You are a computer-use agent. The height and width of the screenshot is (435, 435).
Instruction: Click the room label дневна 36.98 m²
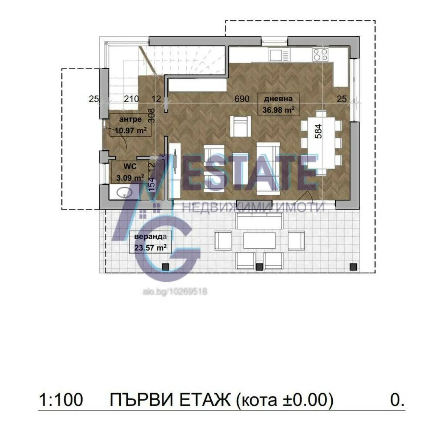278,104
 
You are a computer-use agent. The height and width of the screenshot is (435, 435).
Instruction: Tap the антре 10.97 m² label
130,125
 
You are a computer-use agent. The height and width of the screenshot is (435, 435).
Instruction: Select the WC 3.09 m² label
130,172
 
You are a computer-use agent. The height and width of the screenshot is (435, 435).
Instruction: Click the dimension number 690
242,99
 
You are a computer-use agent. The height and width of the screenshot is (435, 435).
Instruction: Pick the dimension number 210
131,99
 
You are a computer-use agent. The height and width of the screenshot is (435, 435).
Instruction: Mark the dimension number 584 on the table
318,131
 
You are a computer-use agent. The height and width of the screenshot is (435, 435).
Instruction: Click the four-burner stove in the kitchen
320,54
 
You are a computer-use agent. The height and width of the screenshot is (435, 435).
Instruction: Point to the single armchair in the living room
241,126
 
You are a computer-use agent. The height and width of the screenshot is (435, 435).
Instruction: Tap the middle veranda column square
259,267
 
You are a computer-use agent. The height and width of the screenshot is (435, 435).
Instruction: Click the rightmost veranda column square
353,267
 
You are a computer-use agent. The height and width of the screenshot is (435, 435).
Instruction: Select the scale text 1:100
61,400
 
